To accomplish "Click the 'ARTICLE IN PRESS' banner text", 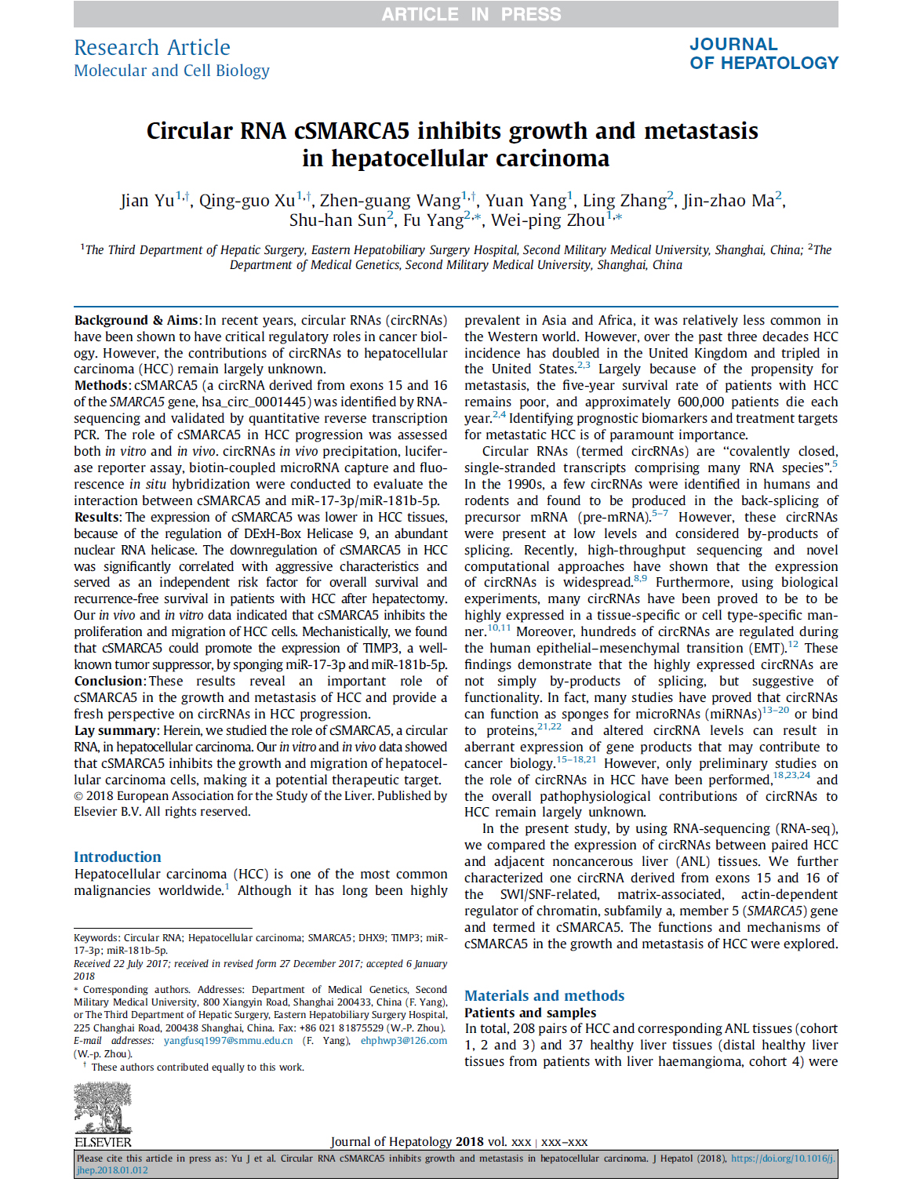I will pyautogui.click(x=471, y=14).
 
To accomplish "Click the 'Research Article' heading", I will pyautogui.click(x=152, y=48).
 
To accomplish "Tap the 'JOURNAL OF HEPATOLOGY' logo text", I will pyautogui.click(x=763, y=54).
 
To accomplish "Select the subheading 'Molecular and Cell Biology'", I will pyautogui.click(x=172, y=71).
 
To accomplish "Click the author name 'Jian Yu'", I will pyautogui.click(x=147, y=201).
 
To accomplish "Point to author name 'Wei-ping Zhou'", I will pyautogui.click(x=547, y=220).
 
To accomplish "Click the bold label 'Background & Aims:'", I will pyautogui.click(x=137, y=320).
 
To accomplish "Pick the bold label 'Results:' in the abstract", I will pyautogui.click(x=98, y=517).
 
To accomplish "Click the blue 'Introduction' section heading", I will pyautogui.click(x=118, y=856).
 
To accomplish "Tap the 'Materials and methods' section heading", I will pyautogui.click(x=544, y=995).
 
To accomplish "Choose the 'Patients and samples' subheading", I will pyautogui.click(x=529, y=1013).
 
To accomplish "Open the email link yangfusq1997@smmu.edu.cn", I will pyautogui.click(x=228, y=1041).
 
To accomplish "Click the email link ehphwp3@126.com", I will pyautogui.click(x=404, y=1041).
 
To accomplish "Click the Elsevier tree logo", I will pyautogui.click(x=103, y=1107).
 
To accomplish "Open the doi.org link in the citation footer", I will pyautogui.click(x=783, y=1158).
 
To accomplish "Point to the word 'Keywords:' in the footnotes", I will pyautogui.click(x=97, y=938).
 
